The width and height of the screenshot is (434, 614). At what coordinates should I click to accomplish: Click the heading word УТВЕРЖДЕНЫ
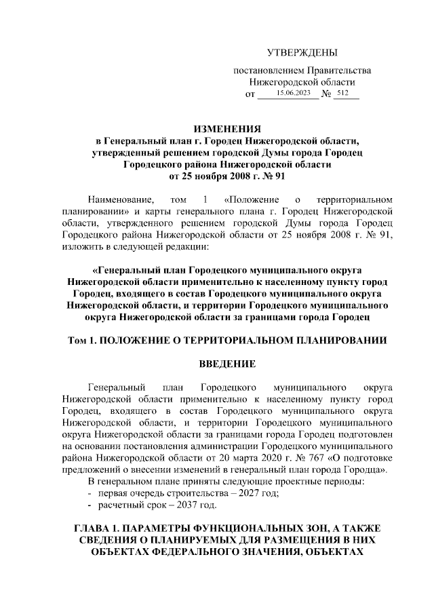[301, 53]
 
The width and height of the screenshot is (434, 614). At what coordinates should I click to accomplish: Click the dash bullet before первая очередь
[90, 493]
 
